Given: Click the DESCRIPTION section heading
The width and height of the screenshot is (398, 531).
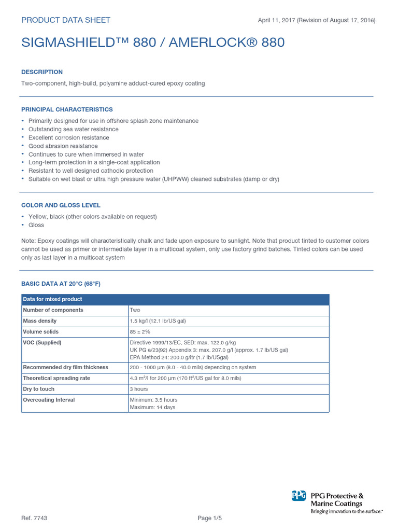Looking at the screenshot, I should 42,72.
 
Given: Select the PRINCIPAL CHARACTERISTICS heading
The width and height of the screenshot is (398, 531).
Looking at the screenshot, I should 67,109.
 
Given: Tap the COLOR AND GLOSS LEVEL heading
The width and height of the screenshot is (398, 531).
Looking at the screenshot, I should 61,205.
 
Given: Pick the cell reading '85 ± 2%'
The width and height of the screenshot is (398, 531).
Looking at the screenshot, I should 140,332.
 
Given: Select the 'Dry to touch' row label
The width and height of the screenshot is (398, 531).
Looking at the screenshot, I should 39,389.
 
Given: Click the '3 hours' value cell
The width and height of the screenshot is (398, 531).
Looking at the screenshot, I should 139,389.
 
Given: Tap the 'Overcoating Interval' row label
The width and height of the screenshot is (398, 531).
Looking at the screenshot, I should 49,400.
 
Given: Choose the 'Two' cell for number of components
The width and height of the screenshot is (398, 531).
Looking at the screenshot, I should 135,310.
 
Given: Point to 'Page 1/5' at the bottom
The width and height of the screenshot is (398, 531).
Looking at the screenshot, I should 211,519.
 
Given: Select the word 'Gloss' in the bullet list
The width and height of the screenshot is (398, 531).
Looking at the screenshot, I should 36,225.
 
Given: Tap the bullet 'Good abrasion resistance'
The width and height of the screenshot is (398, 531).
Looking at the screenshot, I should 63,146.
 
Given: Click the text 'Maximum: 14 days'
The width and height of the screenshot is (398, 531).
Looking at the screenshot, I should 152,408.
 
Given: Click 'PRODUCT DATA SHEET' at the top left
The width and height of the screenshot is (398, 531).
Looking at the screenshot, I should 66,20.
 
